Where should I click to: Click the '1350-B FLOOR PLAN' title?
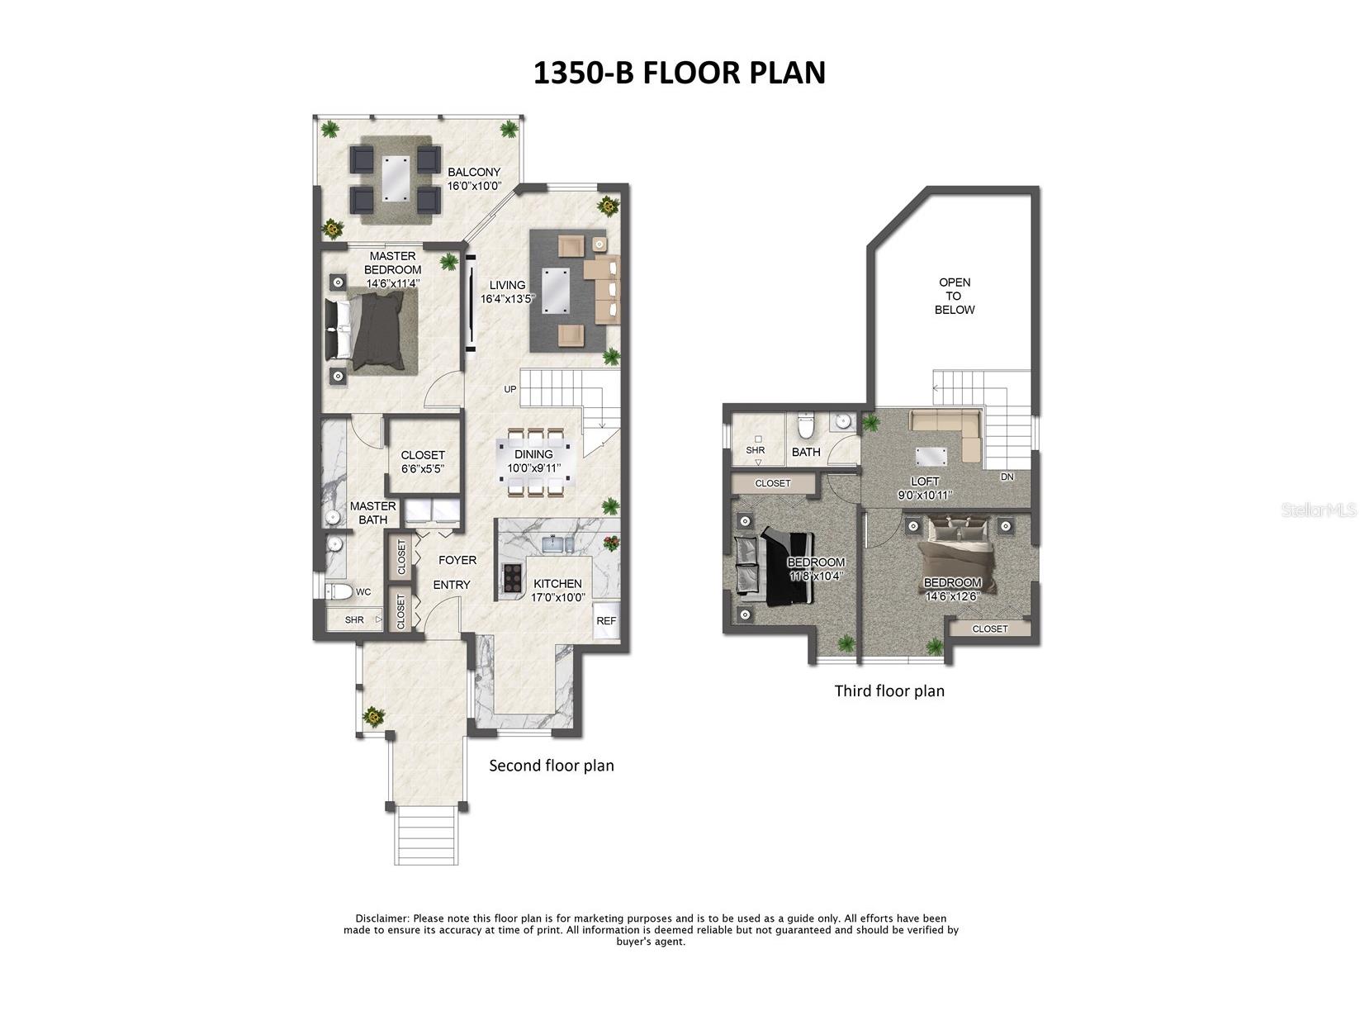679,73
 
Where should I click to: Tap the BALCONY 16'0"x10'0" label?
474,179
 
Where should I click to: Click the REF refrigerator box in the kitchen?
605,621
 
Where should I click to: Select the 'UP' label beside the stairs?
510,389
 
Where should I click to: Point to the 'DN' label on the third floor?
1007,477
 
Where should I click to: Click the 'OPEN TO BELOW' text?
954,296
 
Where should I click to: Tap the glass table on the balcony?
394,178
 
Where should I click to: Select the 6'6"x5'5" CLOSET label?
422,462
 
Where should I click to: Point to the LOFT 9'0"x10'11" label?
925,488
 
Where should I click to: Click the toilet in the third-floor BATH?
807,427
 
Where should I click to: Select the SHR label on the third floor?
755,450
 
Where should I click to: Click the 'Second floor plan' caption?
551,766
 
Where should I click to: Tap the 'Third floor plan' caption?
889,690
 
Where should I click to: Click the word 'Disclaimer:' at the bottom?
382,918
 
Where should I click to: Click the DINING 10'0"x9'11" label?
533,461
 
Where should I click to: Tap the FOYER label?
457,560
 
